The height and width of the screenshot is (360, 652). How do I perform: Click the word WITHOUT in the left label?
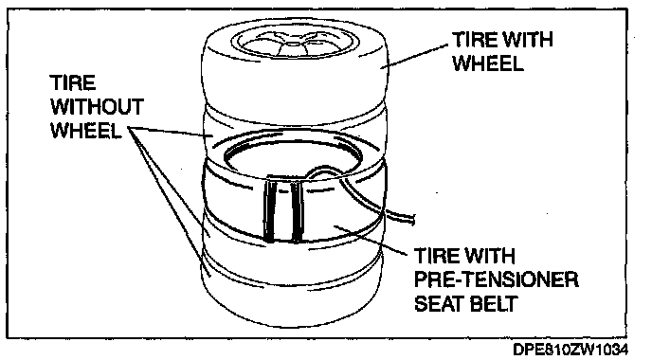98,107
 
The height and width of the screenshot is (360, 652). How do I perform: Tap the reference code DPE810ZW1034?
570,350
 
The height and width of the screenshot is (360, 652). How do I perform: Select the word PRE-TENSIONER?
496,279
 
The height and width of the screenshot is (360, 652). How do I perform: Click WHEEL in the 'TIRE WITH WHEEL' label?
488,63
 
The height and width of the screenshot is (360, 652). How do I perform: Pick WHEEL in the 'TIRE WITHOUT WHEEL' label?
86,131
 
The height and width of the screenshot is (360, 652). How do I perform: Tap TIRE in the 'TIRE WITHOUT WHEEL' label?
73,82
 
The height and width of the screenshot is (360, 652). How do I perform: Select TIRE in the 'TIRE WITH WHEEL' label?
475,40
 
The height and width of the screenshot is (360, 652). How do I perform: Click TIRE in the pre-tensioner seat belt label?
437,256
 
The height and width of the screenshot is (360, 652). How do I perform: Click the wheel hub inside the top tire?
294,44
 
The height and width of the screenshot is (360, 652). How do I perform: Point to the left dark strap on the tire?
270,210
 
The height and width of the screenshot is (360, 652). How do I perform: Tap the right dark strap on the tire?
297,210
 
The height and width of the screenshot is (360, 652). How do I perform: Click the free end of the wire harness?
411,219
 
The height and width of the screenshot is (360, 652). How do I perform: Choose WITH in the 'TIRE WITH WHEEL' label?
528,40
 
